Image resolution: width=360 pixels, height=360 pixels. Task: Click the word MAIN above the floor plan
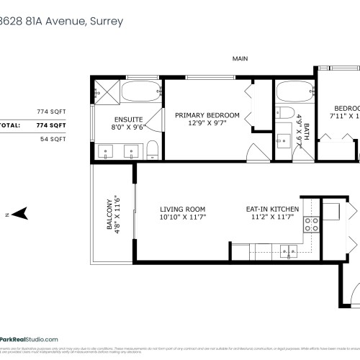[240, 58]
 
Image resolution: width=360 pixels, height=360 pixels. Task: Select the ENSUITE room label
[128, 119]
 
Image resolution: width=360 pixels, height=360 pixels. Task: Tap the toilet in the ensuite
[153, 150]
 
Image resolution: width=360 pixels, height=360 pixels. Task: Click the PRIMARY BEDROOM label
[209, 115]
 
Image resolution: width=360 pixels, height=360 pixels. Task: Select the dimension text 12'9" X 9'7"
[209, 123]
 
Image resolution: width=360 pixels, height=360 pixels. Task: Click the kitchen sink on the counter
[292, 251]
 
